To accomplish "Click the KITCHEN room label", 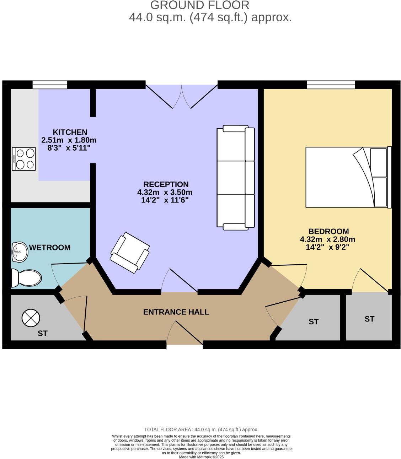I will (x=70, y=132).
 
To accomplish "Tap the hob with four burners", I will (x=24, y=158).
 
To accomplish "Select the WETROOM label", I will (x=49, y=248).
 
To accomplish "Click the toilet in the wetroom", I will (x=26, y=278).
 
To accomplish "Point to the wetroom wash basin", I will (x=20, y=252).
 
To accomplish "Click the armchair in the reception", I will (x=130, y=252).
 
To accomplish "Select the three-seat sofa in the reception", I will (x=236, y=178).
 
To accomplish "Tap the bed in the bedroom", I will (x=347, y=177).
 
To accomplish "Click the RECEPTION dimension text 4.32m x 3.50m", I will (x=165, y=193).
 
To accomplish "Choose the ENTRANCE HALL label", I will (x=176, y=312).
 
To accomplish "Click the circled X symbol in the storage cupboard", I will (x=31, y=318).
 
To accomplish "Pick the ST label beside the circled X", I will (x=43, y=334).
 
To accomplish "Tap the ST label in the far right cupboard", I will (x=369, y=319).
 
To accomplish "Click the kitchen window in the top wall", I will (x=50, y=85).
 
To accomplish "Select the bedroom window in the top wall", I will (x=331, y=85).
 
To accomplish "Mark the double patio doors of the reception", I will (x=182, y=96).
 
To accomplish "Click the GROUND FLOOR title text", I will (x=200, y=5).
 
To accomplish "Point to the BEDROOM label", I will (x=328, y=231).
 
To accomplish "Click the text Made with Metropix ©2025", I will (x=201, y=457).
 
